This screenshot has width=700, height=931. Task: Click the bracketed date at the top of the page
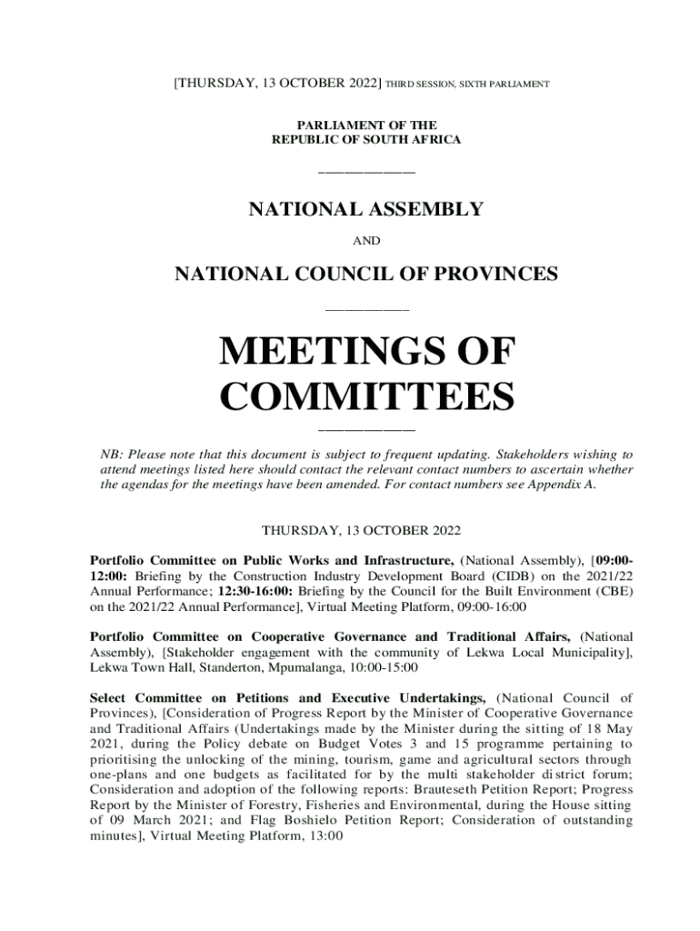(x=278, y=84)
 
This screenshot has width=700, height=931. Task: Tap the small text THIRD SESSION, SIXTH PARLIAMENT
(x=467, y=85)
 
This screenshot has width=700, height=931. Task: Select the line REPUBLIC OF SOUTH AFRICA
(x=366, y=140)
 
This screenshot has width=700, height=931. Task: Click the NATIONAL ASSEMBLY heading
(x=366, y=210)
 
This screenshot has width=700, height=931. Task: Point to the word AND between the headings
(x=366, y=241)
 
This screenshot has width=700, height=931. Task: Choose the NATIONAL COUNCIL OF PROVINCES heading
(x=366, y=273)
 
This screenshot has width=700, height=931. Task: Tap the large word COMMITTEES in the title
(x=367, y=396)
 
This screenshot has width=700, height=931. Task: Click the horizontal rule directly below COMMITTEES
(x=366, y=429)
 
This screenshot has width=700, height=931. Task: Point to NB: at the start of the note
(x=110, y=454)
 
